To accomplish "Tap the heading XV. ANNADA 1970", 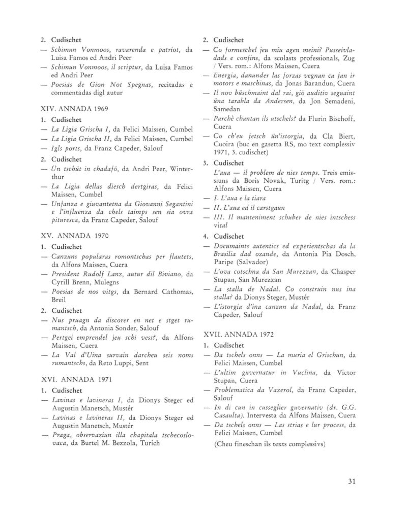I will pyautogui.click(x=74, y=236).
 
